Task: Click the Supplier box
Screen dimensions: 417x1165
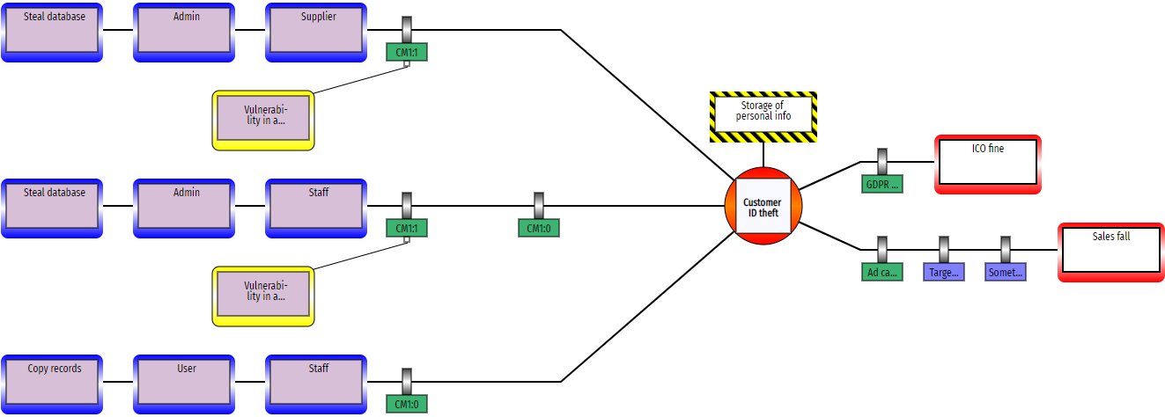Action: [x=315, y=32]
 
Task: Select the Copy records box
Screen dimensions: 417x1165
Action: [x=53, y=384]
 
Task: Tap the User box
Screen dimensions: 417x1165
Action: [x=184, y=384]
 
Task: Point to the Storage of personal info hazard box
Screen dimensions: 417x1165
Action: [x=763, y=116]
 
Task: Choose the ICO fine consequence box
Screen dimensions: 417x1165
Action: [x=987, y=164]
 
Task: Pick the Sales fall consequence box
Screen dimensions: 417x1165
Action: [x=1110, y=252]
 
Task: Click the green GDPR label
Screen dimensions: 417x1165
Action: [x=881, y=184]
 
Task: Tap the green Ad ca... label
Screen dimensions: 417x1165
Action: [x=881, y=272]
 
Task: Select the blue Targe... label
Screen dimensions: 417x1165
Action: [x=943, y=272]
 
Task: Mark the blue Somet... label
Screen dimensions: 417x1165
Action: [x=1005, y=272]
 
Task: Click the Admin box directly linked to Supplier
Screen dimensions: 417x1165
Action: [x=184, y=32]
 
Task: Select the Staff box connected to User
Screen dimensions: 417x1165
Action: [x=315, y=384]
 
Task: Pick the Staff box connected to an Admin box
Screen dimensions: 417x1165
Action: [x=315, y=208]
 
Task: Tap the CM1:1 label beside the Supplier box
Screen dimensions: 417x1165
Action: [x=406, y=52]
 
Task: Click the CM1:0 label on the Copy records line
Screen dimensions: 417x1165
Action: [x=406, y=404]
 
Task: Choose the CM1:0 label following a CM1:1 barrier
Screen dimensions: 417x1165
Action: [x=538, y=228]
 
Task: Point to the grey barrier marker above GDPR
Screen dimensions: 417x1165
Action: [x=881, y=161]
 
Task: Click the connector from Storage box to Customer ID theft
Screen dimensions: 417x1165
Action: [x=763, y=155]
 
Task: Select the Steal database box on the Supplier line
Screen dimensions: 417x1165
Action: [x=53, y=32]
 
